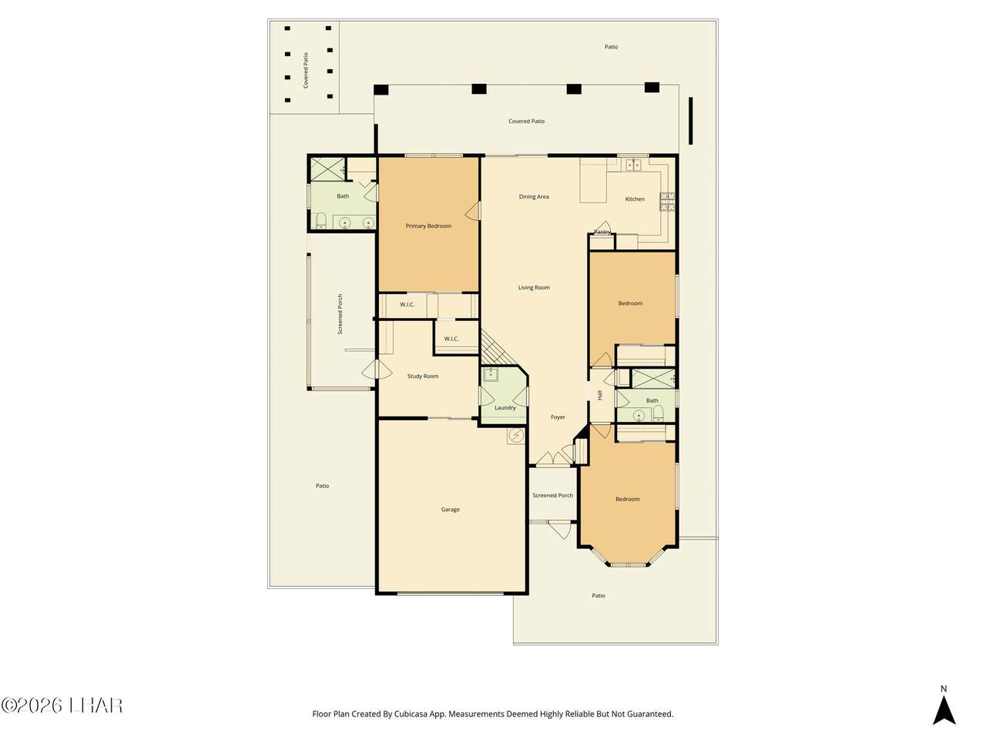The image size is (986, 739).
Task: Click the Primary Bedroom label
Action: coord(428,226)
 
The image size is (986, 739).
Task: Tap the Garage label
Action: coord(450,510)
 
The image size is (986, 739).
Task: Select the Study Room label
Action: coord(423,376)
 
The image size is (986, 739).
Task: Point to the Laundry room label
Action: coord(505,408)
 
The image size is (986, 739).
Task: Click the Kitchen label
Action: coord(635,199)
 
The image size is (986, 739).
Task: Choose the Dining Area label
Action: coord(534,196)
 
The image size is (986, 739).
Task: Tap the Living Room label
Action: coord(534,287)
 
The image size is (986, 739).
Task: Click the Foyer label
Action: coord(558,416)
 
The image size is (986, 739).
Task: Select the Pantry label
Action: coord(602,232)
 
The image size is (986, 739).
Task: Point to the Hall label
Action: coord(599,395)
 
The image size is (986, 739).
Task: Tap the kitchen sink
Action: coord(634,166)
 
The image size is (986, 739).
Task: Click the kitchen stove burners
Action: coord(667,202)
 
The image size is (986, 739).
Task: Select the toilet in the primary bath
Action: coord(320,221)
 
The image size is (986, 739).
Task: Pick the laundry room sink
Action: coord(490,374)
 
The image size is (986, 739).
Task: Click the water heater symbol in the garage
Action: coord(515,435)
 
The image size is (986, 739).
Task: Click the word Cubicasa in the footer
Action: coord(409,714)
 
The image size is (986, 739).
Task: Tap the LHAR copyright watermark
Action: coord(62,706)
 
